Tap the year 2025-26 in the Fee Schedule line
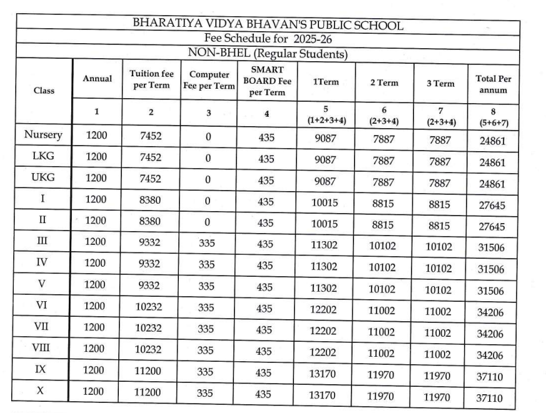pos(303,39)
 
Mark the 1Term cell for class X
pos(328,396)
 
